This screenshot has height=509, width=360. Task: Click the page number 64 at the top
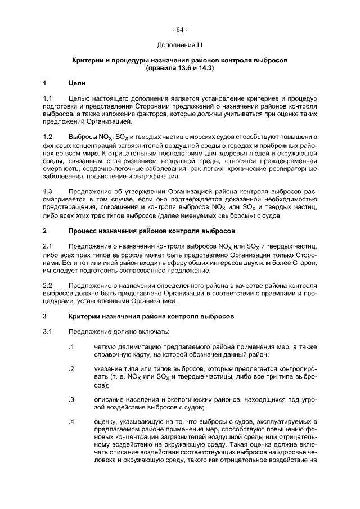click(180, 29)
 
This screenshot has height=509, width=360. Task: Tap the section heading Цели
click(76, 84)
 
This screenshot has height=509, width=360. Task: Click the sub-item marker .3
click(71, 399)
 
